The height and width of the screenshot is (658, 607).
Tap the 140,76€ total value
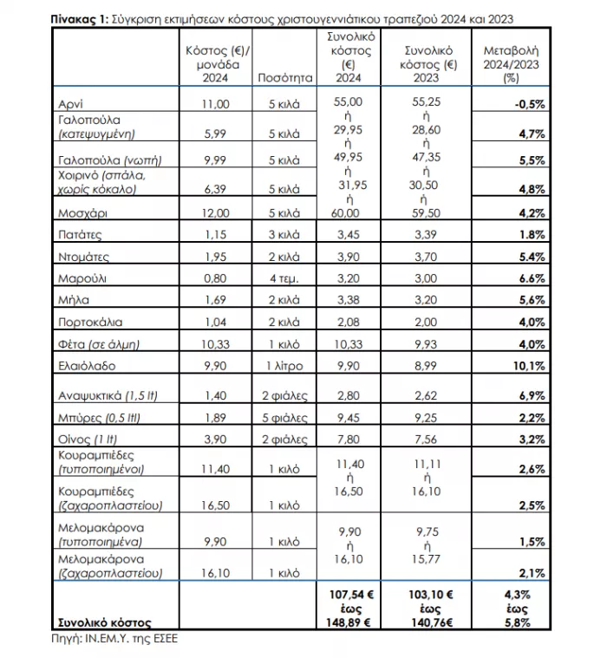[x=425, y=622]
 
